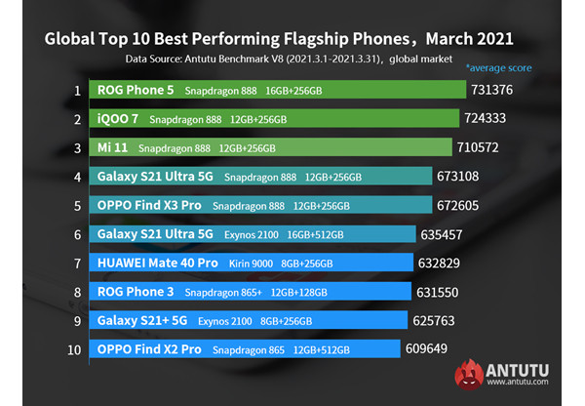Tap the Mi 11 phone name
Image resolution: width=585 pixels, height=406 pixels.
tap(112, 148)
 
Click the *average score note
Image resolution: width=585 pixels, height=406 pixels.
tap(497, 68)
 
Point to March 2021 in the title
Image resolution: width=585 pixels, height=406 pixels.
tap(468, 40)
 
